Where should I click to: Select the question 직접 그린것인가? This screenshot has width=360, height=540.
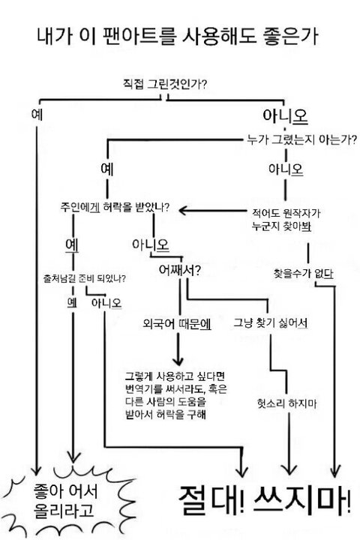(165, 84)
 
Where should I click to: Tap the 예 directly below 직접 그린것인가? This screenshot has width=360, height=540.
(37, 114)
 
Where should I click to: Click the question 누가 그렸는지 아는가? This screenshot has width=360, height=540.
(301, 139)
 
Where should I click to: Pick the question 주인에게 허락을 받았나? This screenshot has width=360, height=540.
(115, 207)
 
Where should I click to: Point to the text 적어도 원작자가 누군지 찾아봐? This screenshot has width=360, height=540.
(286, 220)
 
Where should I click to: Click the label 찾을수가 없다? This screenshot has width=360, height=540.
(304, 274)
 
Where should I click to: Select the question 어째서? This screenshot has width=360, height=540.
(179, 270)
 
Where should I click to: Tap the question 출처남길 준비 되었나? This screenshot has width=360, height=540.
(84, 278)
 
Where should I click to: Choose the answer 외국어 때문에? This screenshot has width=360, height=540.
(177, 324)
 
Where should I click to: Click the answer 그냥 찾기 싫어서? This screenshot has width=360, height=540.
(271, 323)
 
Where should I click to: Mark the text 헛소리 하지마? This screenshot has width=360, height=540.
(287, 403)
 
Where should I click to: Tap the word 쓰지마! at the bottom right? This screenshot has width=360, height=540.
(302, 500)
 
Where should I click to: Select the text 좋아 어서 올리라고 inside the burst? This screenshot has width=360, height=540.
(65, 501)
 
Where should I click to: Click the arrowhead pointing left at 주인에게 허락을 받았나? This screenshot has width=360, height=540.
(183, 210)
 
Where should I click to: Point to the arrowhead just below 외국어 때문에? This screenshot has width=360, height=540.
(178, 360)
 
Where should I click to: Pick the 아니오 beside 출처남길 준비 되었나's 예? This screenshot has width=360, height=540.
(106, 303)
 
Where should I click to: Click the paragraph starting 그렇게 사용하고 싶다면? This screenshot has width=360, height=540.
(175, 395)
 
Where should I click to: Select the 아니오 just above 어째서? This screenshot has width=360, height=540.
(151, 244)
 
